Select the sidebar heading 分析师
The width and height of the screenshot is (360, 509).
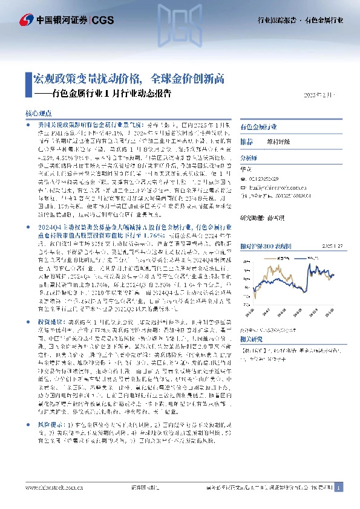[249, 156]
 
